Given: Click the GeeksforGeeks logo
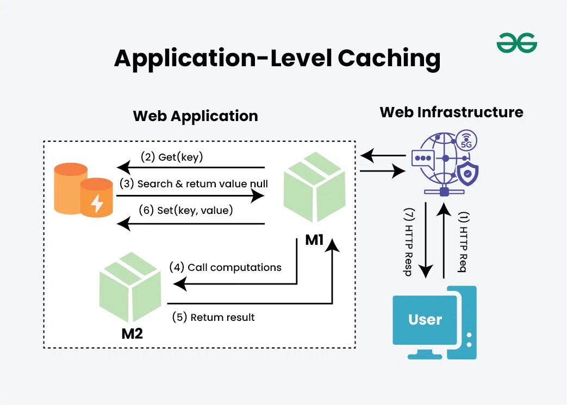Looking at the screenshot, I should coord(516,43).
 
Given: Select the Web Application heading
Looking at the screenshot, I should coord(195,116).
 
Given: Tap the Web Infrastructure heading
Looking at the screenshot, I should coord(451,112).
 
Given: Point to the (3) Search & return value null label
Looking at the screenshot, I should coord(195,183).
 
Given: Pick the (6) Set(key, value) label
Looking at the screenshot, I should coord(186,210).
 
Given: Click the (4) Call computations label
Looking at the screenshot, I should coord(225,267).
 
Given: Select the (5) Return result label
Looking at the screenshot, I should coord(213,317).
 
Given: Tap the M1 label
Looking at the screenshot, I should coord(315,239).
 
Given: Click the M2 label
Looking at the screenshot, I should coord(132,333).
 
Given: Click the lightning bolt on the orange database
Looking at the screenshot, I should coord(97,203).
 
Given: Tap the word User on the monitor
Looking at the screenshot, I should coord(425,319).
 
